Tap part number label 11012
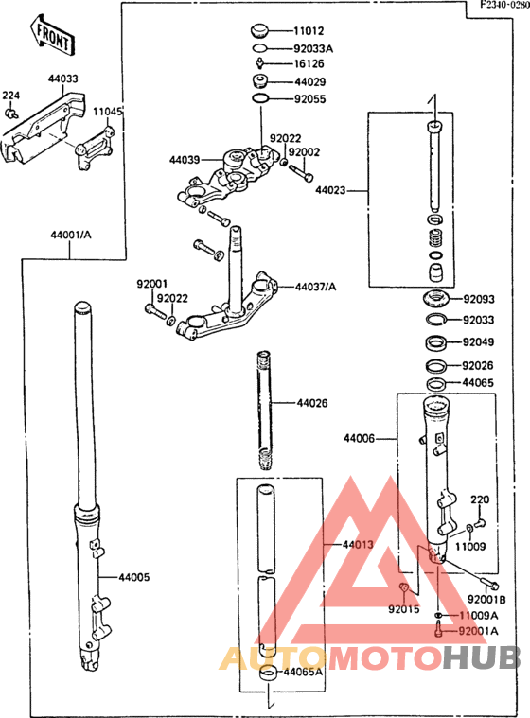(309, 30)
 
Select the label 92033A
(313, 48)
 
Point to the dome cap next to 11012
(260, 31)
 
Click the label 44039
(185, 160)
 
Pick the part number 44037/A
(315, 288)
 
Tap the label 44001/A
(71, 235)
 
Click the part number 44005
(134, 577)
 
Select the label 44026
(312, 403)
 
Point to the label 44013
(358, 545)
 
